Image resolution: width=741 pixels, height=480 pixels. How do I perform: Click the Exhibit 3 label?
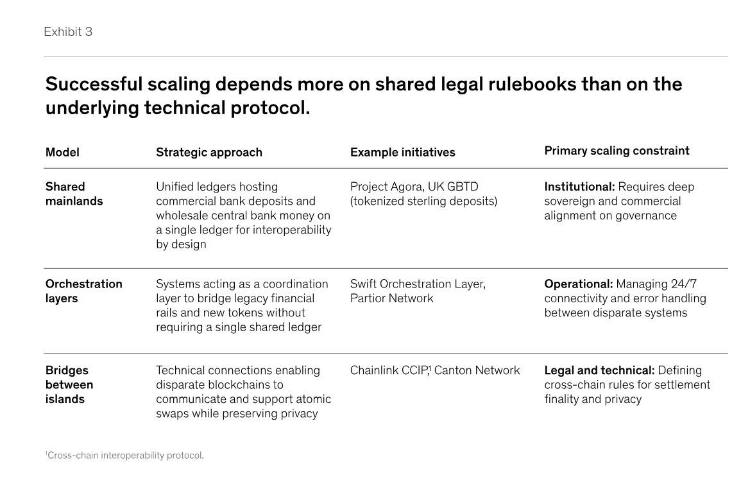tap(68, 31)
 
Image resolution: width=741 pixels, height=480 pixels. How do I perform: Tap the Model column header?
tap(62, 152)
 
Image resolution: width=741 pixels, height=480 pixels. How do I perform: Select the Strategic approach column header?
tap(209, 152)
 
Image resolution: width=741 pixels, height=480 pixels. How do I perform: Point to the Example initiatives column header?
tap(403, 152)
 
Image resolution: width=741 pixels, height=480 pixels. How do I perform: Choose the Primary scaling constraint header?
tap(617, 151)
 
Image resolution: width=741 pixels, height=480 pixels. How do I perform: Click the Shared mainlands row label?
tap(74, 194)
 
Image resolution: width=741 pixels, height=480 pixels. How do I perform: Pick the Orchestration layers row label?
tap(83, 291)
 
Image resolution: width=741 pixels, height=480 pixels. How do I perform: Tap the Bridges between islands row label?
tap(69, 384)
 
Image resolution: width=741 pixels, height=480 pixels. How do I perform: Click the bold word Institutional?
tap(579, 187)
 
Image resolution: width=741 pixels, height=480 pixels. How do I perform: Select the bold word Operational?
tap(579, 284)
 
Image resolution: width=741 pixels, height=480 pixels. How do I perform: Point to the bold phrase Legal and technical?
tap(599, 370)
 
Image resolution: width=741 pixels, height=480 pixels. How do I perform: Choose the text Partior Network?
tap(392, 298)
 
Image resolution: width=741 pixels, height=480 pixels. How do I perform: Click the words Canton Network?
tap(477, 370)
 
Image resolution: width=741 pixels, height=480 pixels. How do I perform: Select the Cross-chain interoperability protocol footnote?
tap(124, 456)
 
